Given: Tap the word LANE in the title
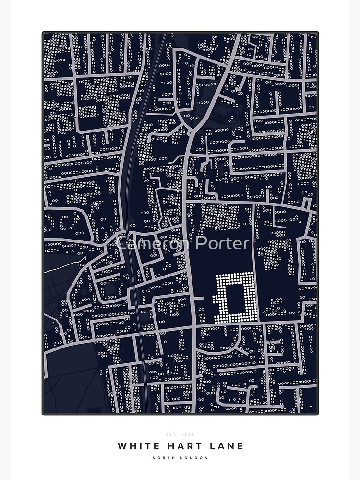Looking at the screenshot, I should pos(226,446).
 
